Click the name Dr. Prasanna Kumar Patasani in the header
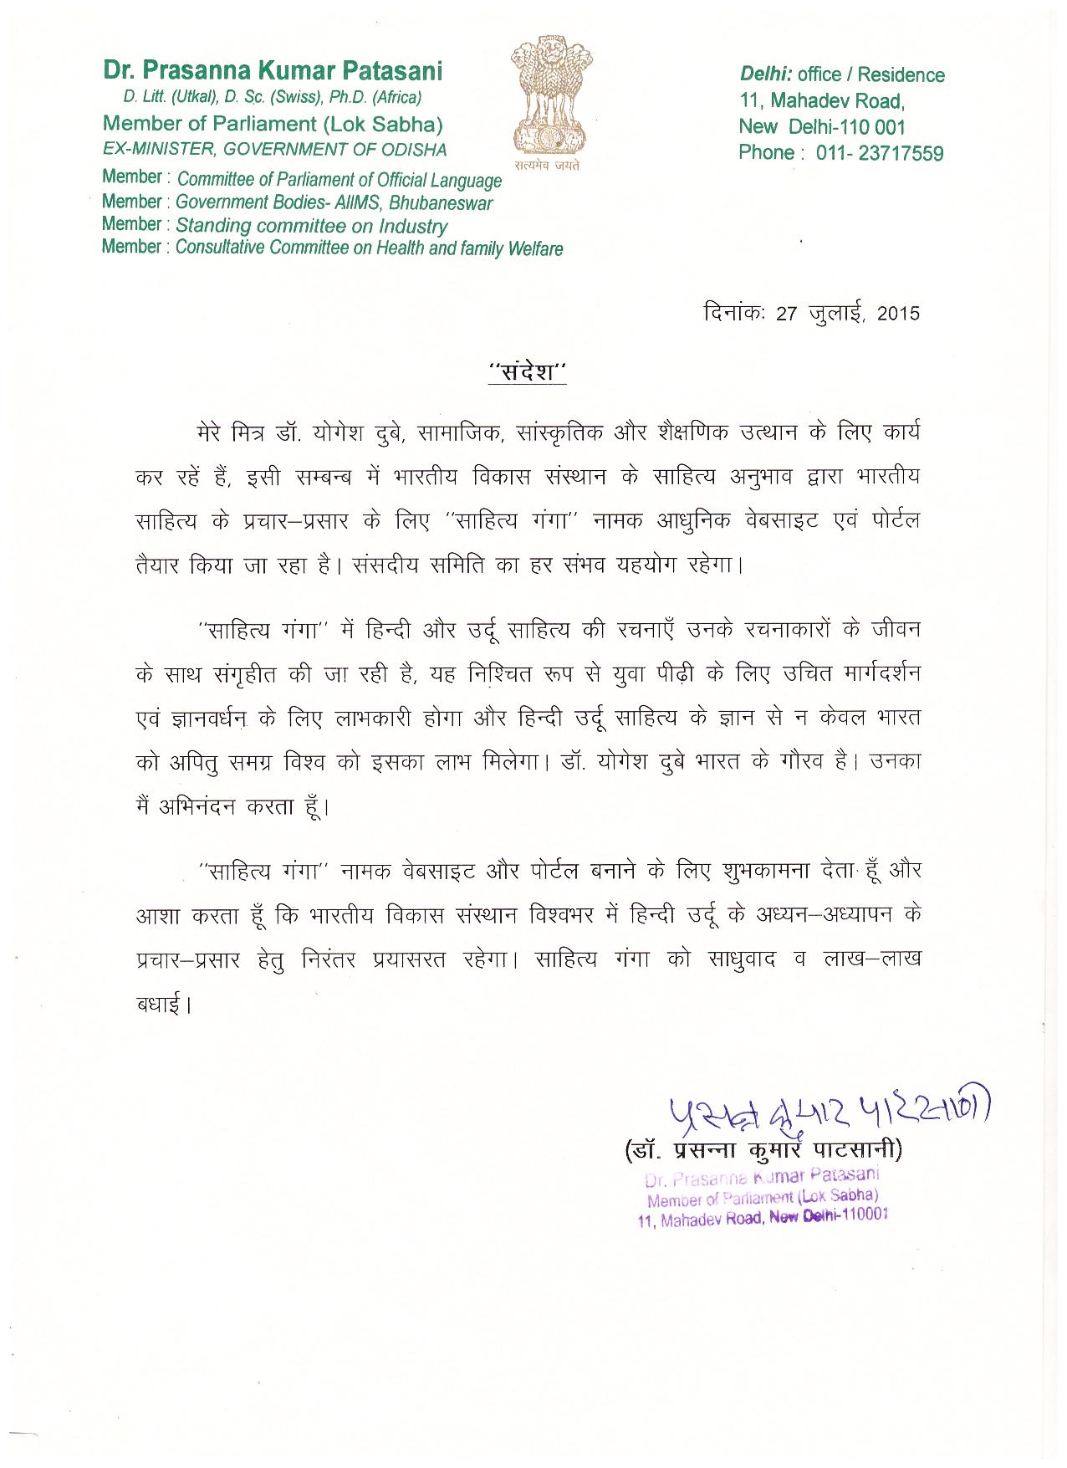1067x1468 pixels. pyautogui.click(x=273, y=71)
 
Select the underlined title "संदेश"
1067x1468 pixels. pyautogui.click(x=528, y=372)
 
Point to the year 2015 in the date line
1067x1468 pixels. pyautogui.click(x=898, y=314)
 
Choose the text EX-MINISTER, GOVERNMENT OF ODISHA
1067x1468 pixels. pyautogui.click(x=274, y=150)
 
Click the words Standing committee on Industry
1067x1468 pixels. pyautogui.click(x=311, y=226)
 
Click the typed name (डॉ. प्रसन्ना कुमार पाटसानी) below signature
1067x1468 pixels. pyautogui.click(x=764, y=1151)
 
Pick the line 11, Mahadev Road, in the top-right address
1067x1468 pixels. pyautogui.click(x=822, y=101)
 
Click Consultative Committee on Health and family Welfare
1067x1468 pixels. pyautogui.click(x=369, y=248)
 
